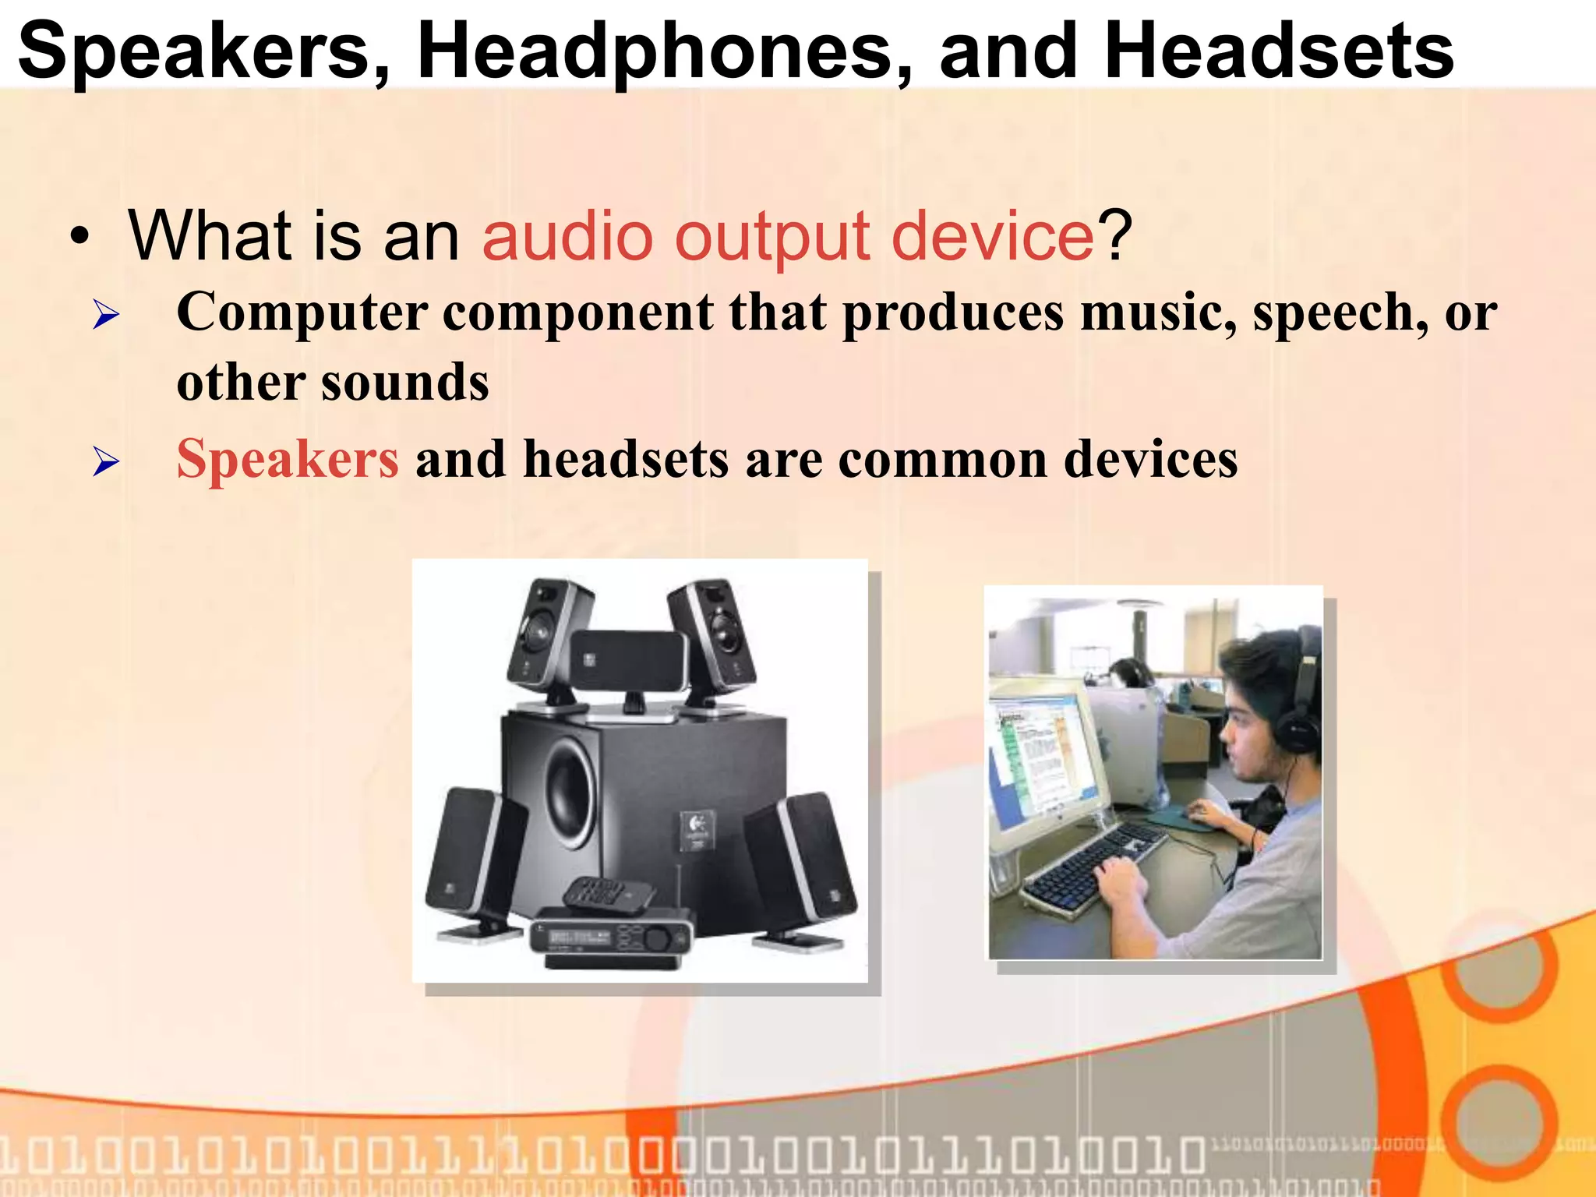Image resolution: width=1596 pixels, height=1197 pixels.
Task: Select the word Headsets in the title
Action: point(1278,51)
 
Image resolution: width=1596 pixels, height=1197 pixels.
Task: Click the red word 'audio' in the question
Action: point(567,237)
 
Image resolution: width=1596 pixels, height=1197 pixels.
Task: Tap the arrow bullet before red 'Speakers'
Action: point(106,462)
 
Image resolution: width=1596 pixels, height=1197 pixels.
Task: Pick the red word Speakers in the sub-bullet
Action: point(288,459)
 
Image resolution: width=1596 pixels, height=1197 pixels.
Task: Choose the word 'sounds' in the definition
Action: point(405,383)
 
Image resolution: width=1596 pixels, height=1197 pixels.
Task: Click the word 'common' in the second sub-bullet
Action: point(943,459)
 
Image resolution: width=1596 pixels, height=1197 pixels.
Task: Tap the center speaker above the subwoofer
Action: point(628,661)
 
